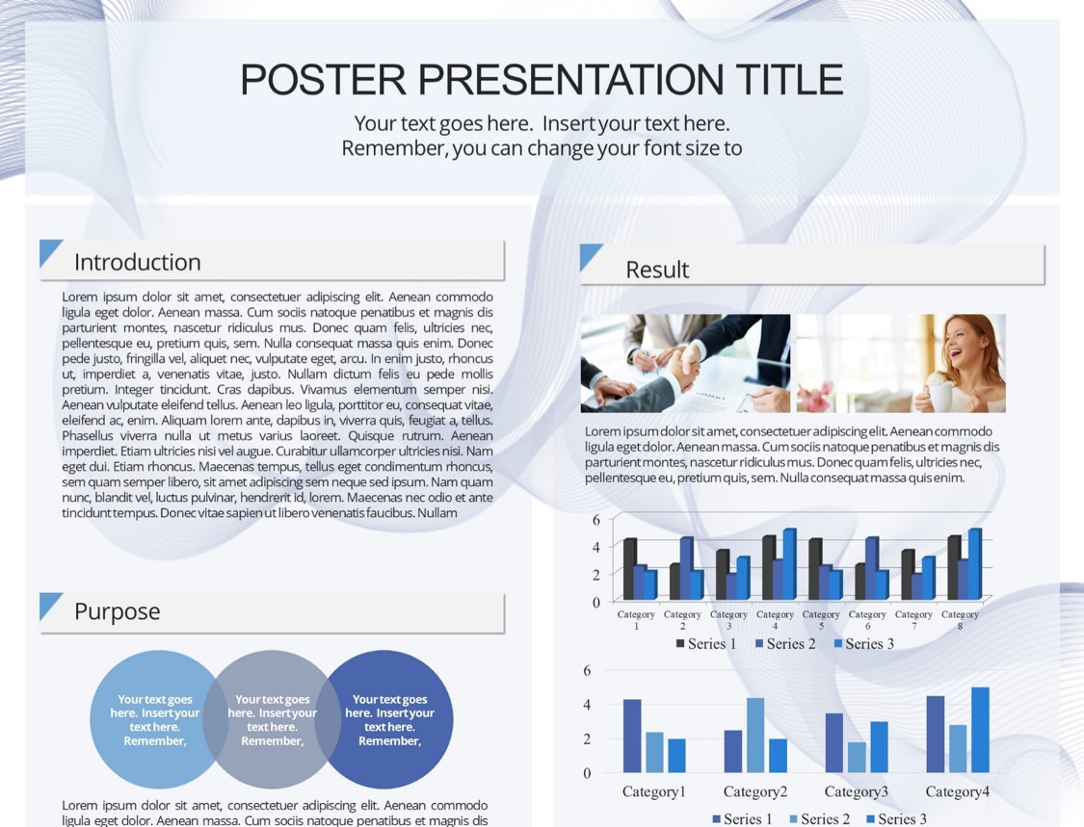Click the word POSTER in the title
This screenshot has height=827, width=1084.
click(x=322, y=79)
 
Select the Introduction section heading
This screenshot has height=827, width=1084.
click(x=138, y=262)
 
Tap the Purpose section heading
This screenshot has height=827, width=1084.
click(x=117, y=611)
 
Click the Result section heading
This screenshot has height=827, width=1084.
click(x=657, y=270)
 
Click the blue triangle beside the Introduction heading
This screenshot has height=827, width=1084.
click(x=48, y=249)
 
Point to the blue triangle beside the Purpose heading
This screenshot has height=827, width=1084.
click(x=48, y=603)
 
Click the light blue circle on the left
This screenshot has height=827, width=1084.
click(x=148, y=719)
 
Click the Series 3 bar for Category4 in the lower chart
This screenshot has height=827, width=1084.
click(x=980, y=730)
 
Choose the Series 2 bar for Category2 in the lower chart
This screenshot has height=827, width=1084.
click(x=755, y=736)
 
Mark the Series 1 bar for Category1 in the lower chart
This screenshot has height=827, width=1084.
click(x=632, y=736)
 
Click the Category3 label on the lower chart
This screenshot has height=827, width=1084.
click(x=856, y=791)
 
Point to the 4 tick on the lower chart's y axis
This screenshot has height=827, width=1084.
click(x=587, y=705)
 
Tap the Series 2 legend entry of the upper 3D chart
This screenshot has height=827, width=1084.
click(x=785, y=644)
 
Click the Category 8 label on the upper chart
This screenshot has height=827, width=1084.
click(x=960, y=620)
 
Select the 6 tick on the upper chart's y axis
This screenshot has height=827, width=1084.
click(x=595, y=520)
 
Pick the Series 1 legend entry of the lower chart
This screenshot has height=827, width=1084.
click(x=742, y=819)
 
